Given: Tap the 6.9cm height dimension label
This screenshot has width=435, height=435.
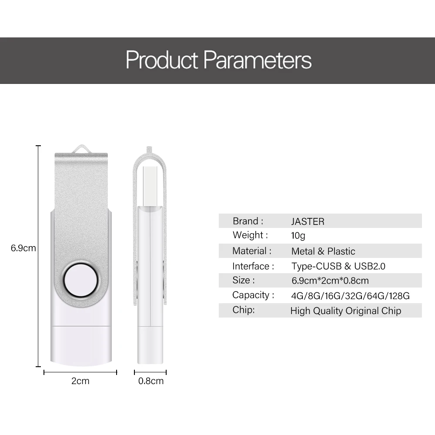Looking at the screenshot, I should point(23,248).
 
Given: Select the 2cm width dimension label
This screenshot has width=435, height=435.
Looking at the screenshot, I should point(80,381).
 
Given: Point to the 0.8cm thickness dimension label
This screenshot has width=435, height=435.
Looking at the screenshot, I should point(151,381).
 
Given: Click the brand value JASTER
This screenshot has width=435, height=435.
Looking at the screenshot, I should point(308,221).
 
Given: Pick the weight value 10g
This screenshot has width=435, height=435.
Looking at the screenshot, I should point(298,236).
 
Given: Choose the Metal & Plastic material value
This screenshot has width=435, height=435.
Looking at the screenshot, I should point(323,251).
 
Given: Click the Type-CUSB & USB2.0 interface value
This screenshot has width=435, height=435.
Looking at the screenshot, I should point(338,266).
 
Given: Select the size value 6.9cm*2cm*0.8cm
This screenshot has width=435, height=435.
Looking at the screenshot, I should point(330,281).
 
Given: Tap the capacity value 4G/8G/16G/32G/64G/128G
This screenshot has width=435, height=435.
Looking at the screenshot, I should point(350,296).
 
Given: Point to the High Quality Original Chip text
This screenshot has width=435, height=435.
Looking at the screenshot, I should point(345,311).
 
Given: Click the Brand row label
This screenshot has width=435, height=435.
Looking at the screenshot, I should point(248,221).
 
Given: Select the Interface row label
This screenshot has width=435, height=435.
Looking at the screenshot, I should point(253,266).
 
